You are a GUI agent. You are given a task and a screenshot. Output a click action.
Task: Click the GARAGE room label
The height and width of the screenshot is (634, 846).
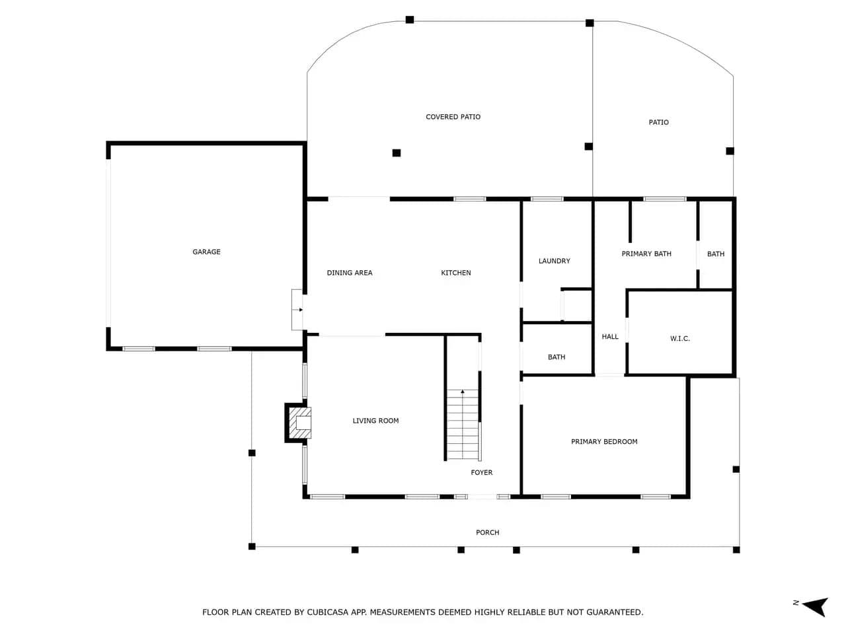tap(206, 252)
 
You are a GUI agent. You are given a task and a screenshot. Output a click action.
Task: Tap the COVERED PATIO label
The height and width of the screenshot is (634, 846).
tap(453, 117)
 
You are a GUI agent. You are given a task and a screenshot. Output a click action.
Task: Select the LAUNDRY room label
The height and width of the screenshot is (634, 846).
tap(554, 261)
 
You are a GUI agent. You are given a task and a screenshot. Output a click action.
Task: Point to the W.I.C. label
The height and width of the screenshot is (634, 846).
tap(679, 339)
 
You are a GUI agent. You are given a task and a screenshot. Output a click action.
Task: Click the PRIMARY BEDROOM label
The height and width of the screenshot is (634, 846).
tap(604, 442)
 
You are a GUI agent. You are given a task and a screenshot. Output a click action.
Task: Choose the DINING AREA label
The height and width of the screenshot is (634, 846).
tap(349, 273)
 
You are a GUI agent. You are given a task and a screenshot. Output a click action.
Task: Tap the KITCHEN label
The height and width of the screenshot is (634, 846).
tap(455, 273)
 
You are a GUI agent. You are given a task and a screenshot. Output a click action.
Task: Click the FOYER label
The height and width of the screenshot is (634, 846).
tap(481, 472)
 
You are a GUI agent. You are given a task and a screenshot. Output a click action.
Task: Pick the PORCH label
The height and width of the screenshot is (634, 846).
tap(487, 532)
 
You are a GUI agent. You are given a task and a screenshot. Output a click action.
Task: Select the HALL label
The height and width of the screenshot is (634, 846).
tap(610, 337)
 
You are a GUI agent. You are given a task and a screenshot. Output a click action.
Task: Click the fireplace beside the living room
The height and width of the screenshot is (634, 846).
tap(298, 423)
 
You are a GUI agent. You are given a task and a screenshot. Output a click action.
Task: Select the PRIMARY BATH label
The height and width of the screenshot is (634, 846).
tap(646, 254)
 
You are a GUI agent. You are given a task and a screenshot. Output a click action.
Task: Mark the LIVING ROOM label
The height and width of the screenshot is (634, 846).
tap(375, 421)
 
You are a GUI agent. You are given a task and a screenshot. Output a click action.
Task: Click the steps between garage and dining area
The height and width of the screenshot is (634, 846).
tap(297, 310)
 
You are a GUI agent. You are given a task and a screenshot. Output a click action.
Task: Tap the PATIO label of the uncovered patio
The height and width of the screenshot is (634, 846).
tap(658, 122)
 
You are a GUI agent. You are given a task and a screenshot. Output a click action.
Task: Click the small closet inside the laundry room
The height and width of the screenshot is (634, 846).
tap(576, 305)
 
